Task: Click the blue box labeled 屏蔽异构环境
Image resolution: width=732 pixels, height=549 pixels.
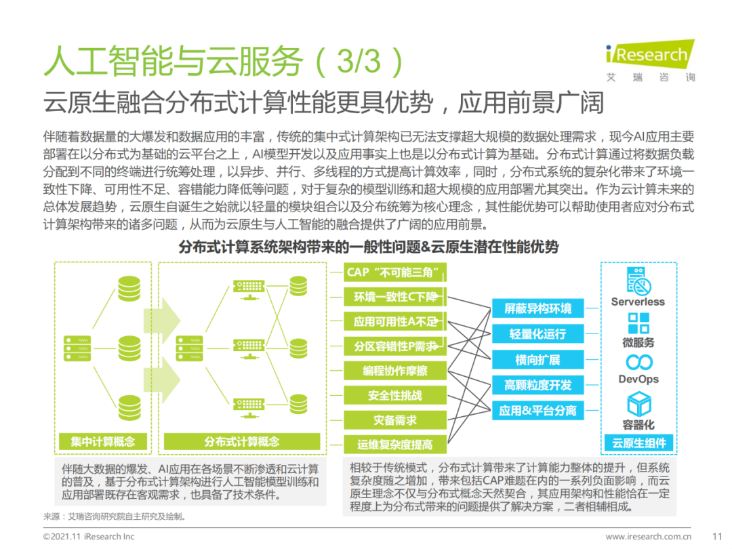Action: coord(537,309)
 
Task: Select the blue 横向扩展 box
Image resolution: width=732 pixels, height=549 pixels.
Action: coord(537,360)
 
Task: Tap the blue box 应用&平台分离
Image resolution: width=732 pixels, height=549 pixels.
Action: coord(537,410)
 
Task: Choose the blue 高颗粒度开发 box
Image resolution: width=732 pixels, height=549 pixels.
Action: coord(537,385)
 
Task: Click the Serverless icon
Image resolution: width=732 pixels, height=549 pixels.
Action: coord(638,281)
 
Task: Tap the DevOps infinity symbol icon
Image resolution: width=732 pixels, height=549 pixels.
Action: coord(638,361)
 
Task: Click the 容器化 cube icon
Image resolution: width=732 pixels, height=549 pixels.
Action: coord(638,405)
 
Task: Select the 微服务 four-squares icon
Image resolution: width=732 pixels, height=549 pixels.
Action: coord(638,323)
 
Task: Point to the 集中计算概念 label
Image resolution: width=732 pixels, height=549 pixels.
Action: coord(102,441)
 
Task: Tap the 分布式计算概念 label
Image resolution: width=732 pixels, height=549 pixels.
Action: coord(241,441)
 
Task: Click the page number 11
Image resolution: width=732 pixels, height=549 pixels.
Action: coord(718,536)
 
